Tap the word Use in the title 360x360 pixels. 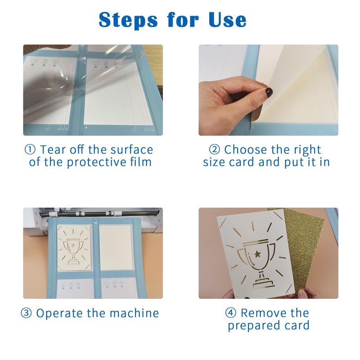point(228,20)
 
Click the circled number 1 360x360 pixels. point(30,150)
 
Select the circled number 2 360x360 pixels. point(215,150)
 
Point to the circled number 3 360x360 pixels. point(27,313)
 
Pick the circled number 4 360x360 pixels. point(230,313)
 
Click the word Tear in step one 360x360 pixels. point(53,150)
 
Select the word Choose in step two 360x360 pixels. point(243,150)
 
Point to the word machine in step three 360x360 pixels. point(134,313)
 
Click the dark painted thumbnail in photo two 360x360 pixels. point(269,92)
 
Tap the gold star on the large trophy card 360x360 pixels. point(257,254)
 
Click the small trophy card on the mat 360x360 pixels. point(74,247)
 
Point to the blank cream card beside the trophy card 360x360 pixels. point(116,247)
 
